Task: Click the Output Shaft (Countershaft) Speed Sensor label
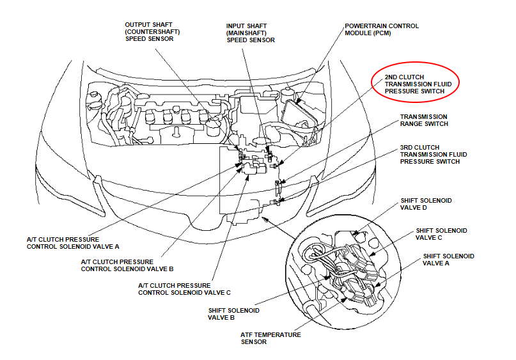coord(152,31)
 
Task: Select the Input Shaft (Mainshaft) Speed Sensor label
coord(251,33)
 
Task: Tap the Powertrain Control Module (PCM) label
coord(382,29)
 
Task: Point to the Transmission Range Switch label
coord(424,120)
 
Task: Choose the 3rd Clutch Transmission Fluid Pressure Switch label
coord(434,154)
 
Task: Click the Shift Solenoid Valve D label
coord(426,204)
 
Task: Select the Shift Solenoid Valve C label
coord(441,234)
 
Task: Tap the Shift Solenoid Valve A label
coord(448,260)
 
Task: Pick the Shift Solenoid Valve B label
coord(233,314)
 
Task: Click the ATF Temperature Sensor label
coord(270,338)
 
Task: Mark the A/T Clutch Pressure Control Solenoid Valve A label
coord(73,243)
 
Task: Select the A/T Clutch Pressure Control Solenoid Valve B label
coord(127,265)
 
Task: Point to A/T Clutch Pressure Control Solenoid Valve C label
coord(184,289)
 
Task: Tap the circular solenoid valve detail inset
coord(343,272)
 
